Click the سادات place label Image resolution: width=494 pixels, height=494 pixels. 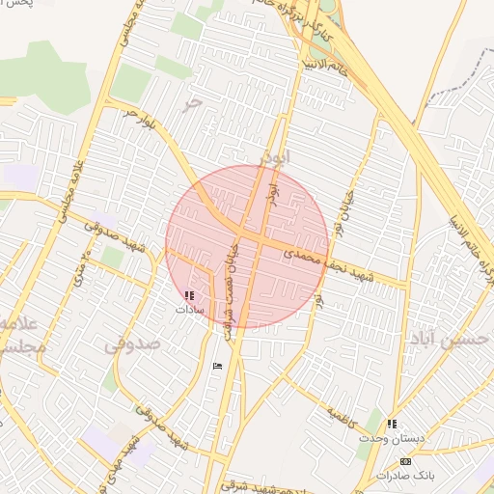point(190,310)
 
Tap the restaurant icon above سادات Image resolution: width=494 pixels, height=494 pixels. point(189,295)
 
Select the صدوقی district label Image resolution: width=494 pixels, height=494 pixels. point(129,343)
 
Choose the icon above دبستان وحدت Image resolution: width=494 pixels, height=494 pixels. point(392,424)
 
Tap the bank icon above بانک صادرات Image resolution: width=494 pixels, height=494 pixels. point(404,461)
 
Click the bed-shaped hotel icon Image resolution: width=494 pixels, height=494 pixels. point(216,366)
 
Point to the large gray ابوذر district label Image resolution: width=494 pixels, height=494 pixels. point(274,154)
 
